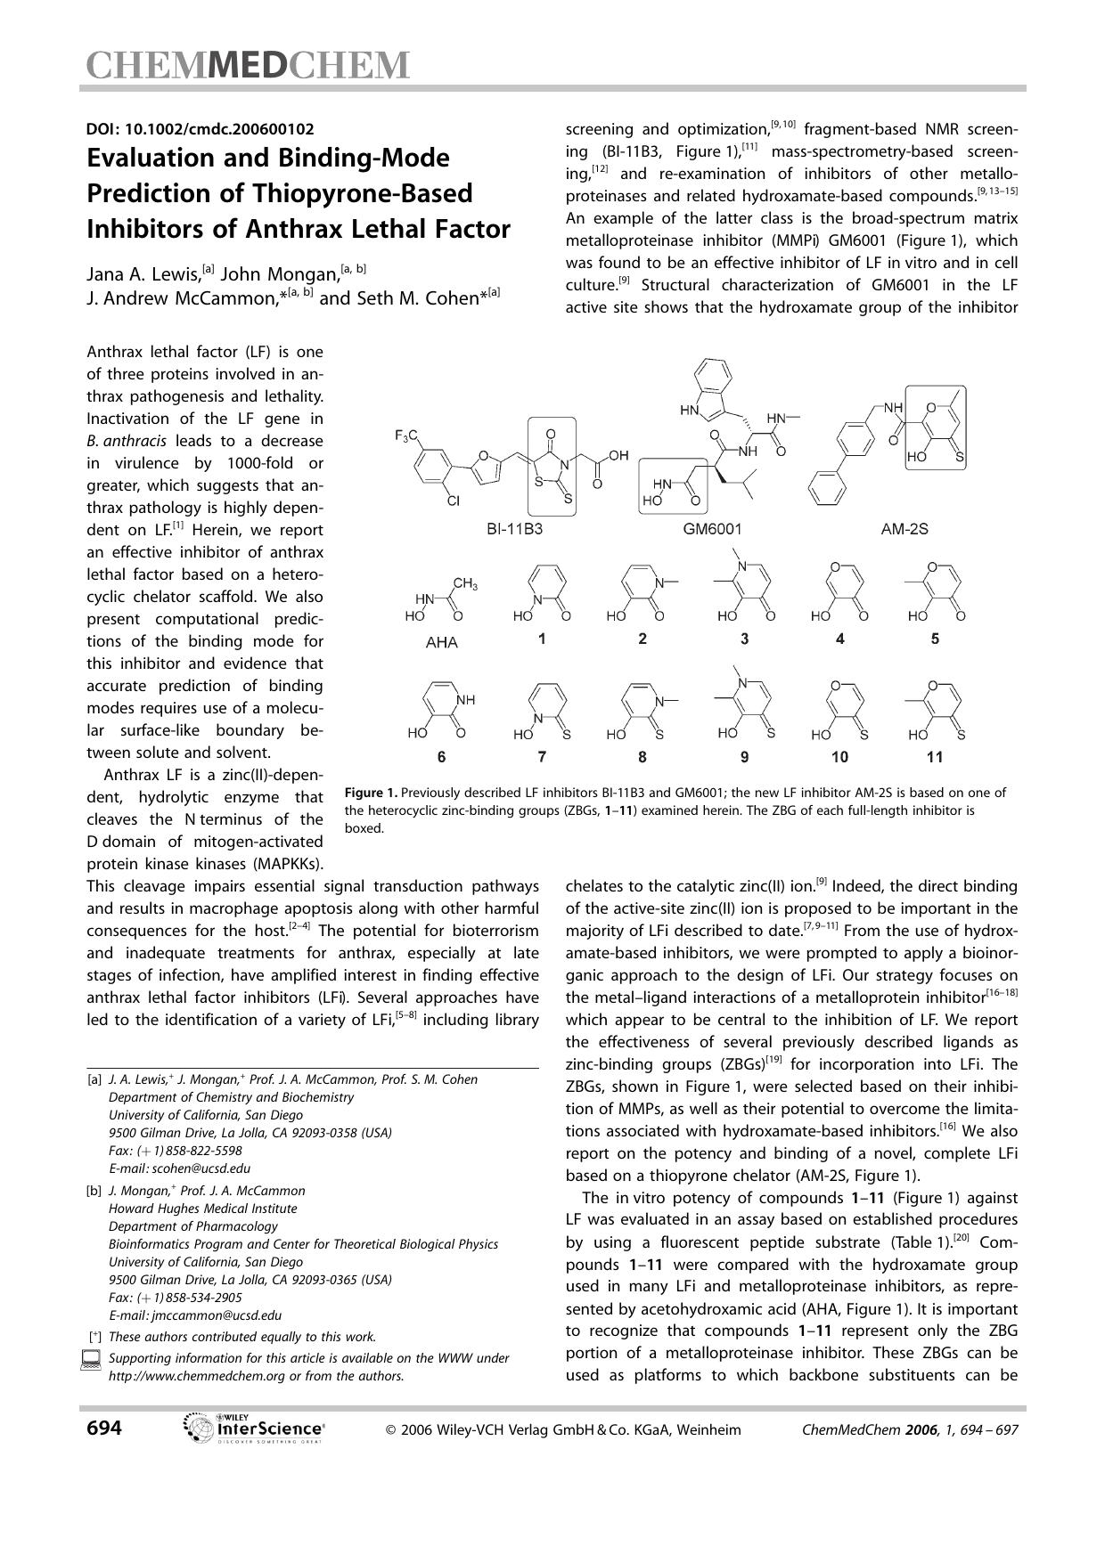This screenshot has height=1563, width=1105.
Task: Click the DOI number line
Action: pyautogui.click(x=200, y=128)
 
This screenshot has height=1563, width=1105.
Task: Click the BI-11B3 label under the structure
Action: pyautogui.click(x=514, y=528)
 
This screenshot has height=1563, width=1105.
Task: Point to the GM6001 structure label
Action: pyautogui.click(x=712, y=528)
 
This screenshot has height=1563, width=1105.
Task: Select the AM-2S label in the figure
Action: pyautogui.click(x=904, y=528)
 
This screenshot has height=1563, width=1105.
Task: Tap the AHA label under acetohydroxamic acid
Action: pyautogui.click(x=441, y=641)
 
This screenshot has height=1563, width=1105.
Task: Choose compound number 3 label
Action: pyautogui.click(x=744, y=639)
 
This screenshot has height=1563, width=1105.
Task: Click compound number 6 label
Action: pyautogui.click(x=441, y=757)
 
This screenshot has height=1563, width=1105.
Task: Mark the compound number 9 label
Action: pyautogui.click(x=744, y=757)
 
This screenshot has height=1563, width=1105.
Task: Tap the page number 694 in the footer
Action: pyautogui.click(x=104, y=1428)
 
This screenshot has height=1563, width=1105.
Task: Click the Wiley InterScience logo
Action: pyautogui.click(x=253, y=1428)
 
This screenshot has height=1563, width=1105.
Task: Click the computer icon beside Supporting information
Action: pyautogui.click(x=90, y=1360)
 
